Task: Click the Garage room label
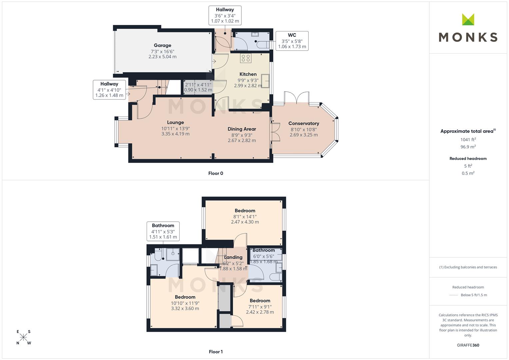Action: click(x=162, y=45)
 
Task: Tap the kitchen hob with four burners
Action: click(x=246, y=58)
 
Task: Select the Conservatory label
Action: click(x=304, y=123)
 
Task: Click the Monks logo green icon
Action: click(x=468, y=19)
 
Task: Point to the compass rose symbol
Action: click(x=23, y=337)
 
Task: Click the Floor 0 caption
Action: click(x=216, y=173)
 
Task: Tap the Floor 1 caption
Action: click(x=216, y=352)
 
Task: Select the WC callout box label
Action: click(x=292, y=35)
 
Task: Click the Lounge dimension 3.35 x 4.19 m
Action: click(x=175, y=134)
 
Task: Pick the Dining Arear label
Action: click(x=242, y=129)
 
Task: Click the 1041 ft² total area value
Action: click(x=468, y=140)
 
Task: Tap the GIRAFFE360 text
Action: click(x=468, y=345)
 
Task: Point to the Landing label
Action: click(x=233, y=257)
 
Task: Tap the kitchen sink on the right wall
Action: click(x=265, y=81)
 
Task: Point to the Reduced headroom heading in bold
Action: click(x=468, y=159)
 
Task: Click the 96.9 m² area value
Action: click(x=468, y=147)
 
